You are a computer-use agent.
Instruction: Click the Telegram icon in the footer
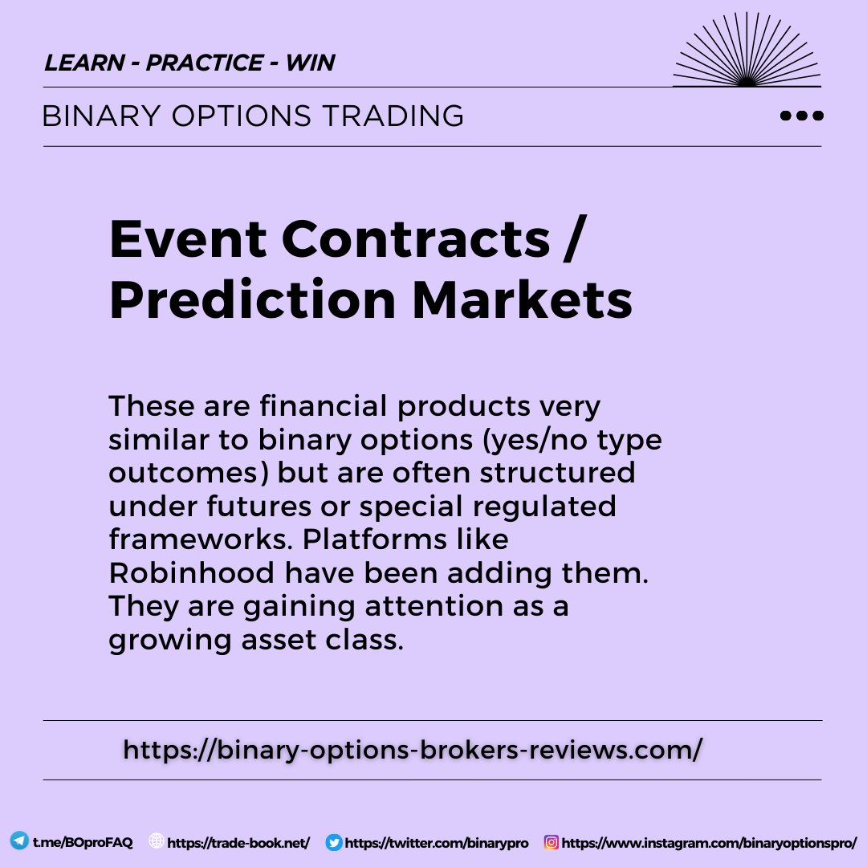(19, 842)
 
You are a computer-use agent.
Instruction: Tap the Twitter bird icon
(334, 843)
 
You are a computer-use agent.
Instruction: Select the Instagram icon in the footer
(552, 843)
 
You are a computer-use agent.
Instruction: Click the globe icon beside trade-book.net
(157, 842)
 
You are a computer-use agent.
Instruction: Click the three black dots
(801, 116)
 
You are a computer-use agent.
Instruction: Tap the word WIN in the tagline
(310, 63)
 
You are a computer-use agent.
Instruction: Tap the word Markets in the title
(523, 299)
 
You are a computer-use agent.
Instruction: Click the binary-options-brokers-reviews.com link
(413, 750)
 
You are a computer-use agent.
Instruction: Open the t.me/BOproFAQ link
(83, 843)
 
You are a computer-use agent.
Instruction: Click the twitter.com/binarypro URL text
(437, 843)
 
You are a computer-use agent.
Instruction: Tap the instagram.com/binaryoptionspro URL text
(710, 843)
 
